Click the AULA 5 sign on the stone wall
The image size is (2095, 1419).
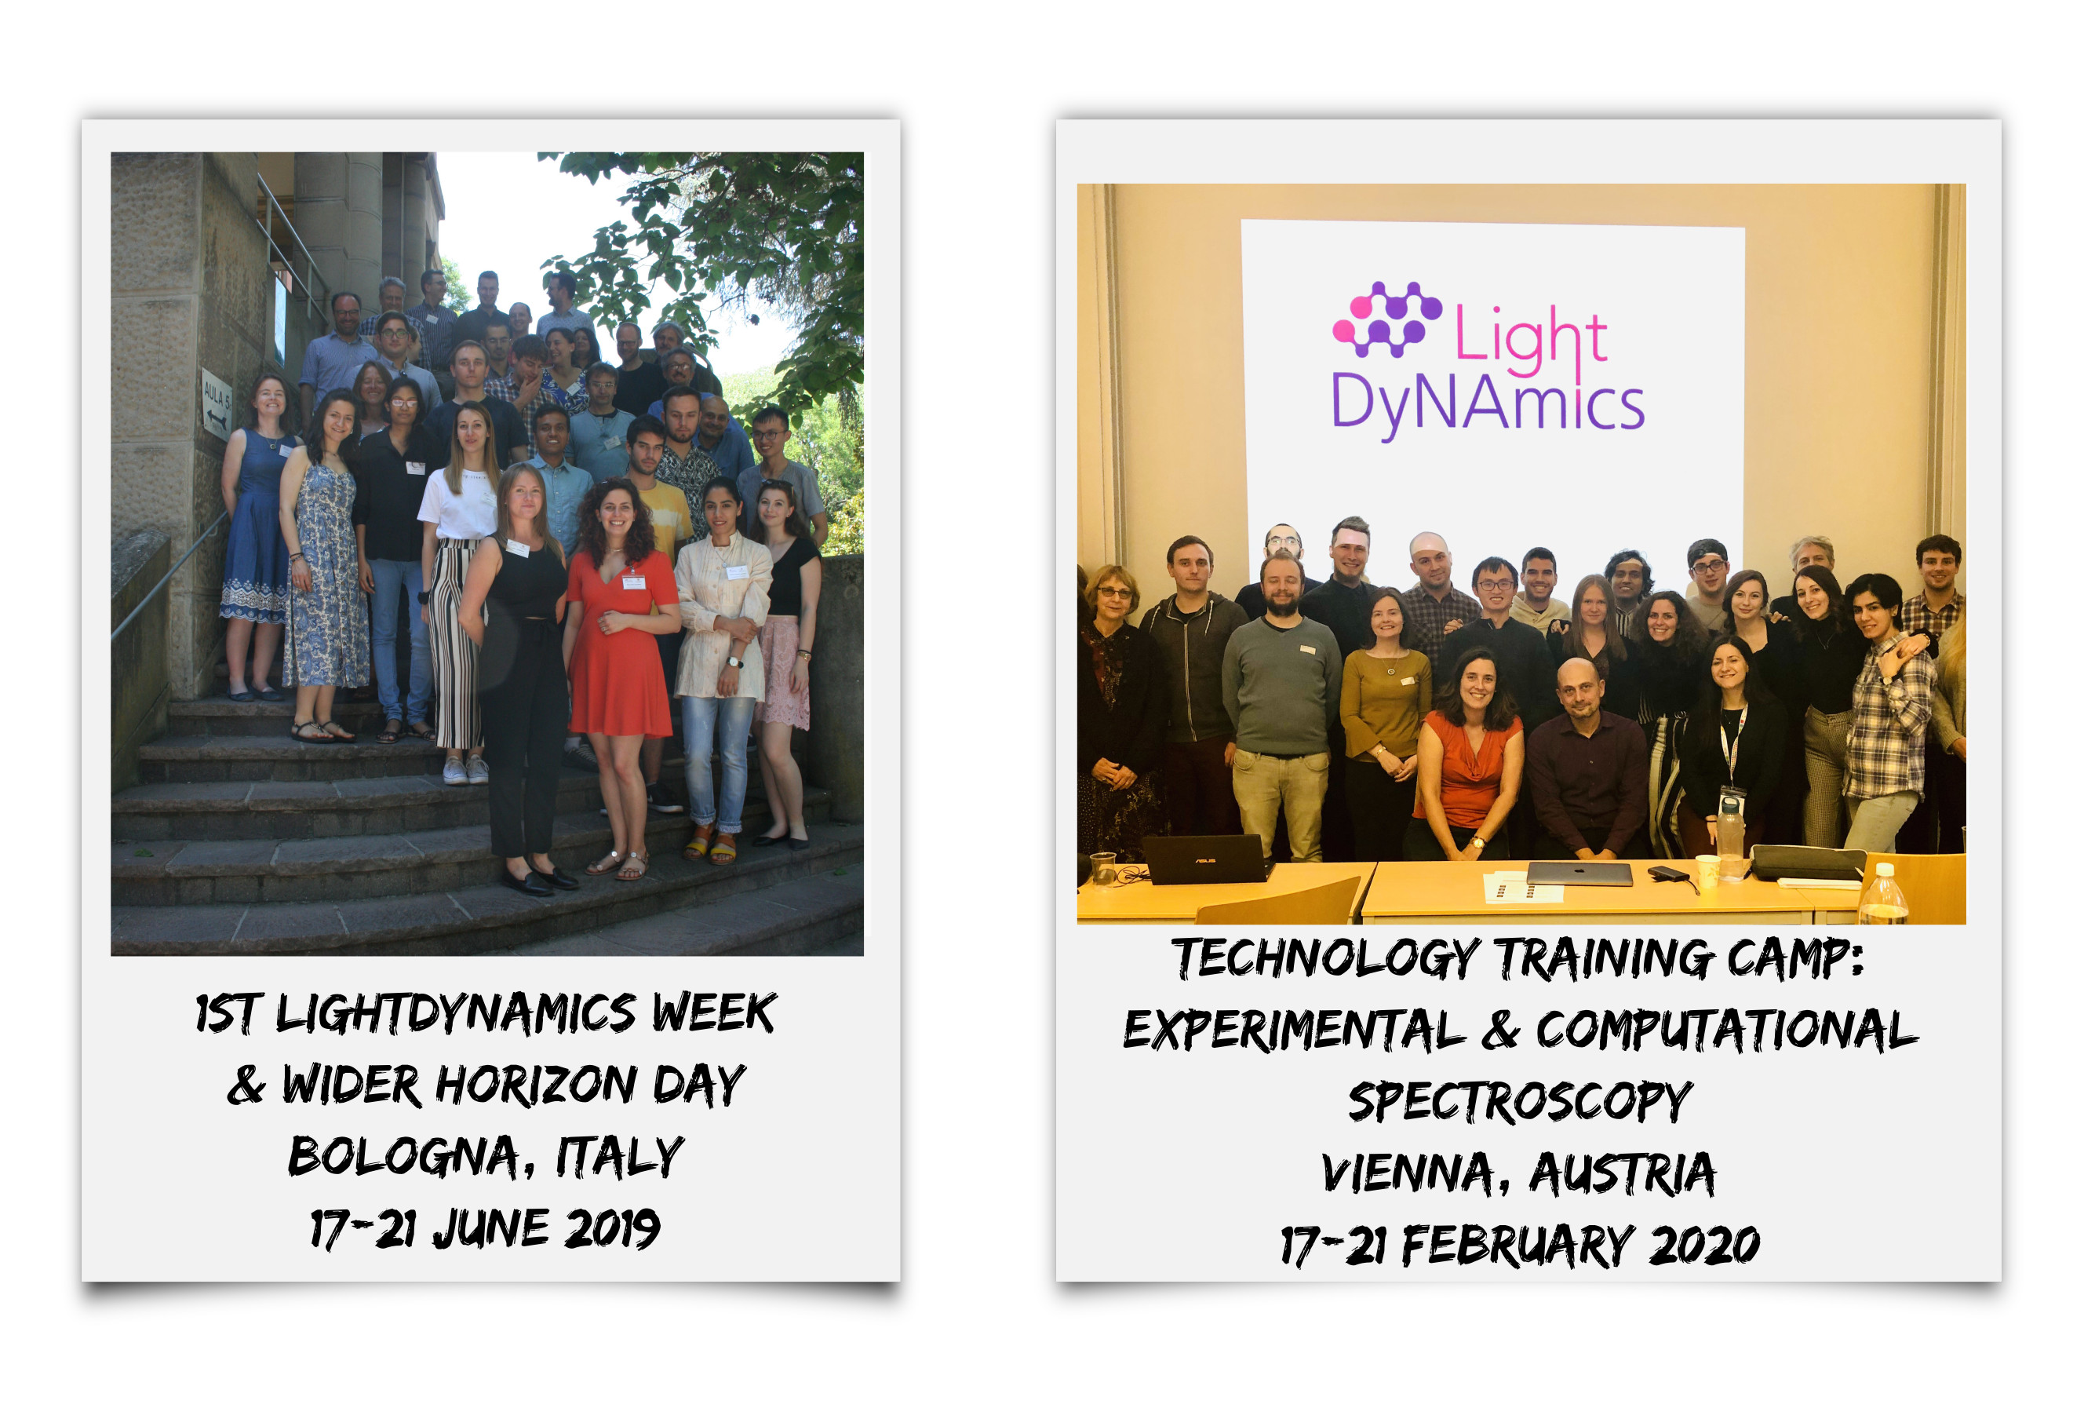(217, 404)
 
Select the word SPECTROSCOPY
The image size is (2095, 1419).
(1520, 1102)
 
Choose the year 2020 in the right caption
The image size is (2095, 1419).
(1703, 1246)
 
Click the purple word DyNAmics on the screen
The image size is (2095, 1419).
(1488, 406)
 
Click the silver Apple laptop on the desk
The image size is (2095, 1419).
(1579, 874)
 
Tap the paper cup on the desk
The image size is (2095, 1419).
(1707, 872)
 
